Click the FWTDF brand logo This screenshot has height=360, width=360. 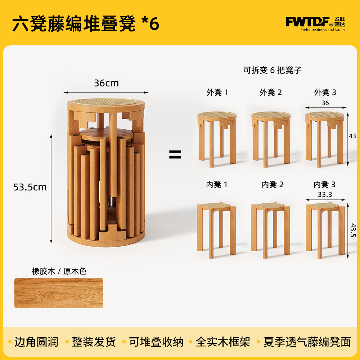[x=315, y=24]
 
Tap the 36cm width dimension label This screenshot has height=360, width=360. [x=106, y=83]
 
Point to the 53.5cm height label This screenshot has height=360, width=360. [x=30, y=187]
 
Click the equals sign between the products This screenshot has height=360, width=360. [x=175, y=154]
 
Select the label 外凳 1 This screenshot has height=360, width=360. [x=217, y=92]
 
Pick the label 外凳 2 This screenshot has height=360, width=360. [x=271, y=92]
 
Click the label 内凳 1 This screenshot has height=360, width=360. [x=217, y=184]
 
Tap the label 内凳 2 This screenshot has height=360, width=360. [x=273, y=184]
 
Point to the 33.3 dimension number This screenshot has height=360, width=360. [x=325, y=194]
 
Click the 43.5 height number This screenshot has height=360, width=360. [x=353, y=230]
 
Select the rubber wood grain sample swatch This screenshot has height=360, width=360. [x=59, y=293]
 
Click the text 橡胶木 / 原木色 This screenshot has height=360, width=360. [x=59, y=271]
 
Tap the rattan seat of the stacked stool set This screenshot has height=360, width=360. [x=106, y=102]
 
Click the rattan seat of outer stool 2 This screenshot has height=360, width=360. [x=271, y=114]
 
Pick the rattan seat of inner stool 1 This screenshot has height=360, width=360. [x=216, y=205]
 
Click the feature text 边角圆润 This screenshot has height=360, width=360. [x=36, y=342]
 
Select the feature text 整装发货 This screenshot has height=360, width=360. [x=94, y=342]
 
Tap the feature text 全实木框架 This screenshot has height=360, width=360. [x=223, y=342]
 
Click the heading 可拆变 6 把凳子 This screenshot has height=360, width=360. [x=273, y=70]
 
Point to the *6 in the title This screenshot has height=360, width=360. [x=150, y=24]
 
